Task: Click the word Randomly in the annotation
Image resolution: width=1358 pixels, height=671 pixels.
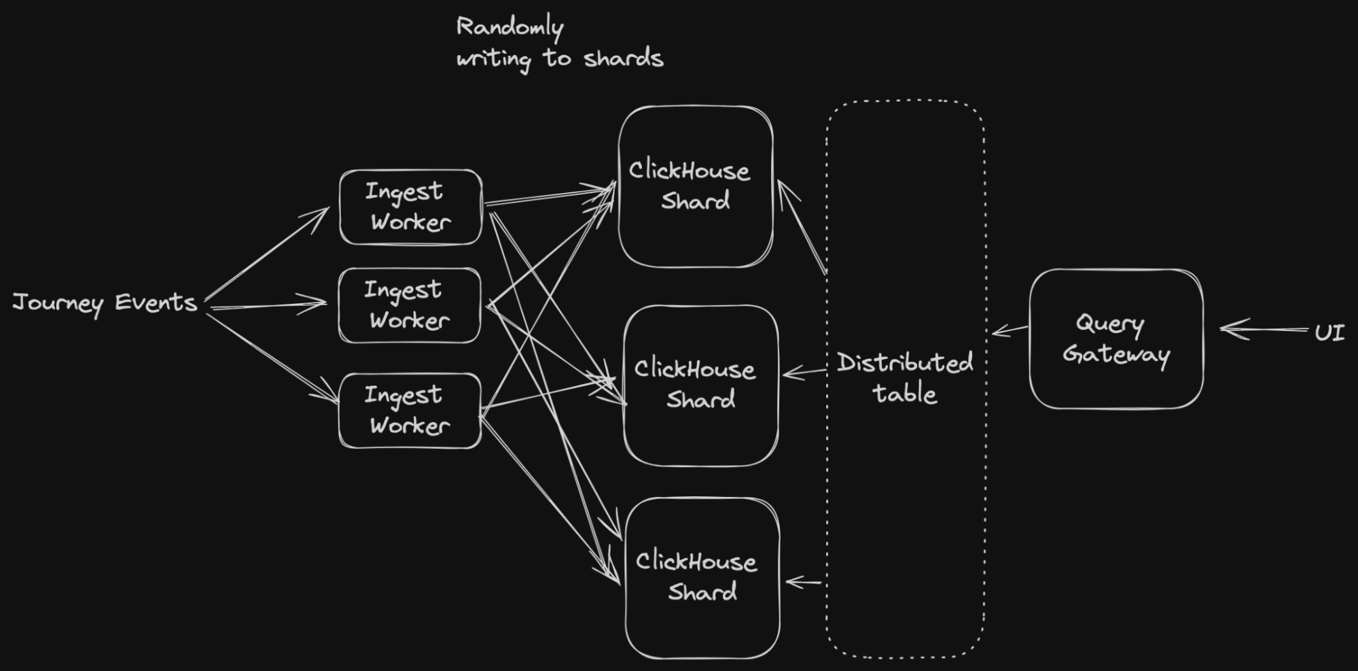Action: [x=510, y=28]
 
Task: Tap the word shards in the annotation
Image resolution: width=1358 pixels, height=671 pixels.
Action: [x=623, y=58]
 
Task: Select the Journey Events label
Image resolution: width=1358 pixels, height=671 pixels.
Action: [x=105, y=303]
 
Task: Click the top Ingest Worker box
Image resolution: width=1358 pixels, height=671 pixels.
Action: [x=410, y=207]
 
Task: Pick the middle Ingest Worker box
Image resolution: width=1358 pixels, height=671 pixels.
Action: [x=410, y=305]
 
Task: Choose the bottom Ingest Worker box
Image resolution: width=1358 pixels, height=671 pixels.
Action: [x=410, y=410]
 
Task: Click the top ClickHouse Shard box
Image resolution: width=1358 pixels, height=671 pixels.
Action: [x=696, y=186]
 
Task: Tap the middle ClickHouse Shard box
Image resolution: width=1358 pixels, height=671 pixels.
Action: [x=700, y=385]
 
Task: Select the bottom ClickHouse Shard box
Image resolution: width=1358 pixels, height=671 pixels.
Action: [x=702, y=577]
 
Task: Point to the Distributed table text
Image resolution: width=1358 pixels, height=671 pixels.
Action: [x=905, y=378]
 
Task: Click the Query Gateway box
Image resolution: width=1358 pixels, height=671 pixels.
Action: [x=1116, y=339]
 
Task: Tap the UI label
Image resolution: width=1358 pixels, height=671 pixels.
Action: [x=1329, y=332]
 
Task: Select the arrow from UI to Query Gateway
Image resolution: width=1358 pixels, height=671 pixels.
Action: [x=1264, y=330]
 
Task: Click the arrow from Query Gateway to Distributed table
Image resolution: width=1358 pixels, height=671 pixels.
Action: [x=1010, y=330]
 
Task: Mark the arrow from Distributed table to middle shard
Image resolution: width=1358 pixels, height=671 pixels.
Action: [x=804, y=372]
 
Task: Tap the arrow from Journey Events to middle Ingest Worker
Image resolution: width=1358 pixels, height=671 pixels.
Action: [x=268, y=305]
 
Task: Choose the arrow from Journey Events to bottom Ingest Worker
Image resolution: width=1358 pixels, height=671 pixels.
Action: [x=272, y=358]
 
